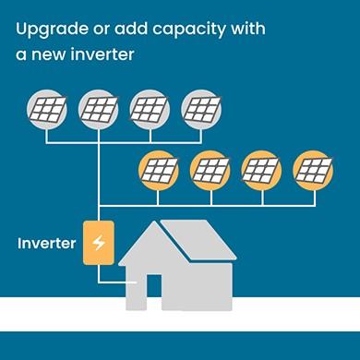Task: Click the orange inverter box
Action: (x=98, y=243)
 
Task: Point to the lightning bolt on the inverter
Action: (x=98, y=243)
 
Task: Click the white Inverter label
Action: (x=46, y=244)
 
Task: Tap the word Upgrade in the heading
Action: (x=48, y=30)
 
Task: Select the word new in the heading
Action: (x=48, y=54)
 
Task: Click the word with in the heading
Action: (x=244, y=29)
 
